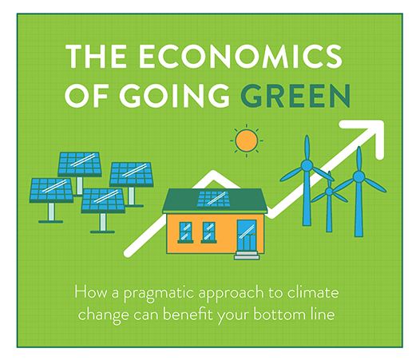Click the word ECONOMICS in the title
pos(240,56)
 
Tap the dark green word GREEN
pos(295,95)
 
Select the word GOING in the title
pos(174,95)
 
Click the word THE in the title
pos(97,56)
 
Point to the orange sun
pos(247,140)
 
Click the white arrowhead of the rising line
pos(368,136)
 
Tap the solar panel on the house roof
pos(214,199)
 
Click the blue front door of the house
pos(247,235)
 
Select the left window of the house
pos(185,231)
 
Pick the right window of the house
pos(208,231)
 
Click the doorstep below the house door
pos(247,255)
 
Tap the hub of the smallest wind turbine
pos(329,191)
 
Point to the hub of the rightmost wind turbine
pos(359,176)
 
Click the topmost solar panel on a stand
pos(80,164)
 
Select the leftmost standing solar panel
pos(51,190)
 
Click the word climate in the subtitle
pos(313,292)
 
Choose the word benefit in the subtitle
pos(187,314)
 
